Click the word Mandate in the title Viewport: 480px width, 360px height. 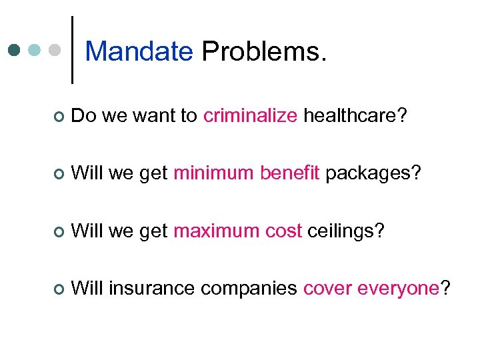point(139,51)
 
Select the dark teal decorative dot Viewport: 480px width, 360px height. point(15,50)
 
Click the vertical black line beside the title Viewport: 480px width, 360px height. point(72,50)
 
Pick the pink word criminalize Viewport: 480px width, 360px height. point(250,116)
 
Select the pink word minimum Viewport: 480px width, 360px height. point(214,174)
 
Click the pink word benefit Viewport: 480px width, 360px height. point(290,174)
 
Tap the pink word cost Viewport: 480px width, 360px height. point(283,231)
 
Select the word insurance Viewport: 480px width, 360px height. point(153,289)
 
